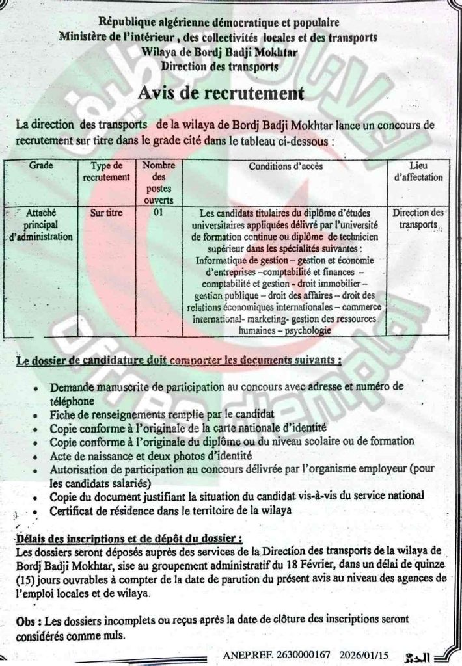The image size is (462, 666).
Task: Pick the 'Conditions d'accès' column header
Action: [x=286, y=166]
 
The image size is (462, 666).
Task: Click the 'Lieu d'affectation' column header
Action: [x=418, y=171]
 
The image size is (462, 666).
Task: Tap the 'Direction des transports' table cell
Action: [x=418, y=218]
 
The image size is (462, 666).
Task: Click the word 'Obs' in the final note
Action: [x=25, y=622]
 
